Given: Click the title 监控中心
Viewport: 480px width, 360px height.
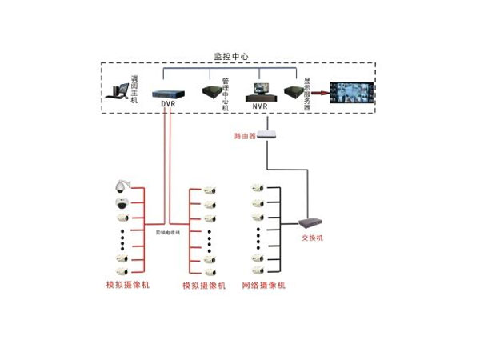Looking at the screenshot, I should pos(231,57).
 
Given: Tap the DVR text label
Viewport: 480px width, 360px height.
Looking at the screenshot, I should pos(167,105).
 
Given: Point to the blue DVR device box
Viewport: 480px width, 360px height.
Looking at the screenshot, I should pos(168,91).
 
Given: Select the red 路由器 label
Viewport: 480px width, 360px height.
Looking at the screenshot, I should pos(244,136).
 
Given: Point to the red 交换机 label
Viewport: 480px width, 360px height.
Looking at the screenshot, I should pos(311,238).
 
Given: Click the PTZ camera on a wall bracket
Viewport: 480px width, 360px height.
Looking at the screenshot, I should pos(120,186).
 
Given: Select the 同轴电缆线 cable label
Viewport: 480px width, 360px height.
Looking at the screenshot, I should pos(167,231).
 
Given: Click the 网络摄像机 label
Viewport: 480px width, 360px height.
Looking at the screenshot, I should pos(263,286).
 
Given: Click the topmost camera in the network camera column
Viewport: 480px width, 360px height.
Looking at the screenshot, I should pos(258,189).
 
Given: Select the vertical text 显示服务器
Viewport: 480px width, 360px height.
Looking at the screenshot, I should pos(306,94).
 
